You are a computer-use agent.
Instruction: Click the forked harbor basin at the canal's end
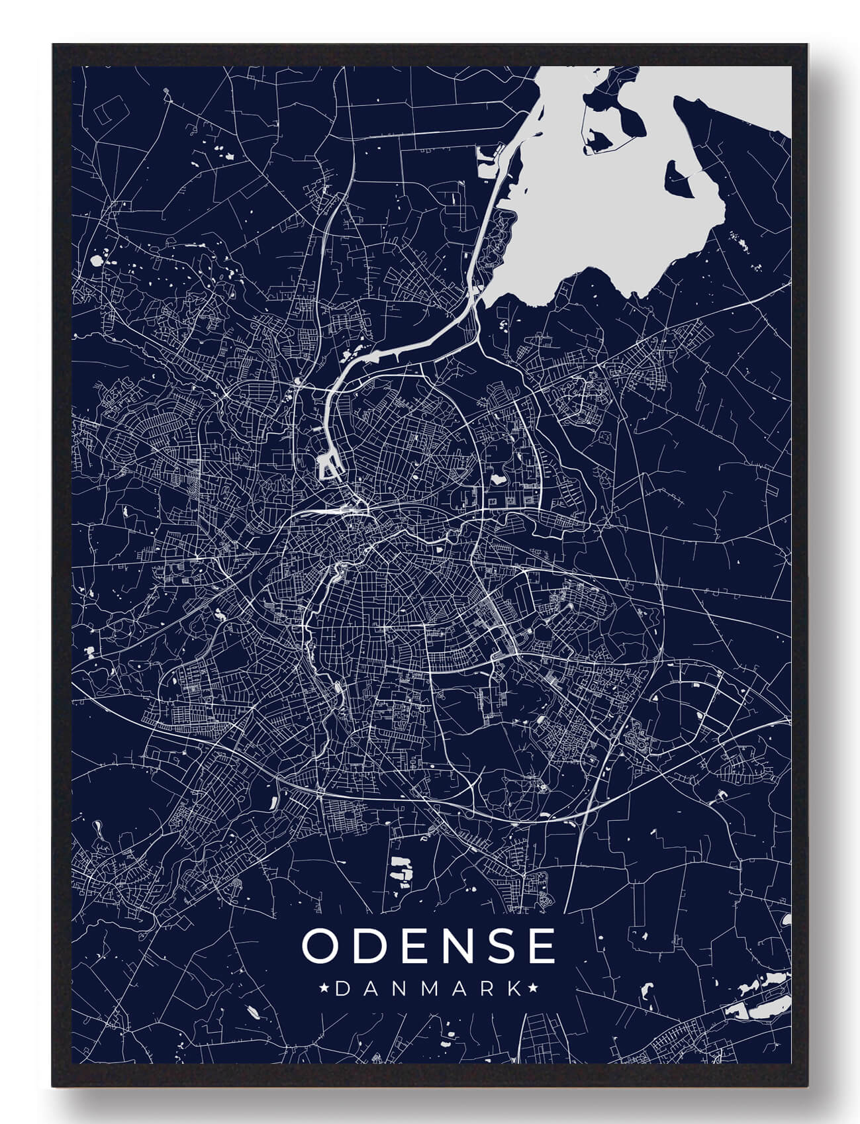pos(328,467)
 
